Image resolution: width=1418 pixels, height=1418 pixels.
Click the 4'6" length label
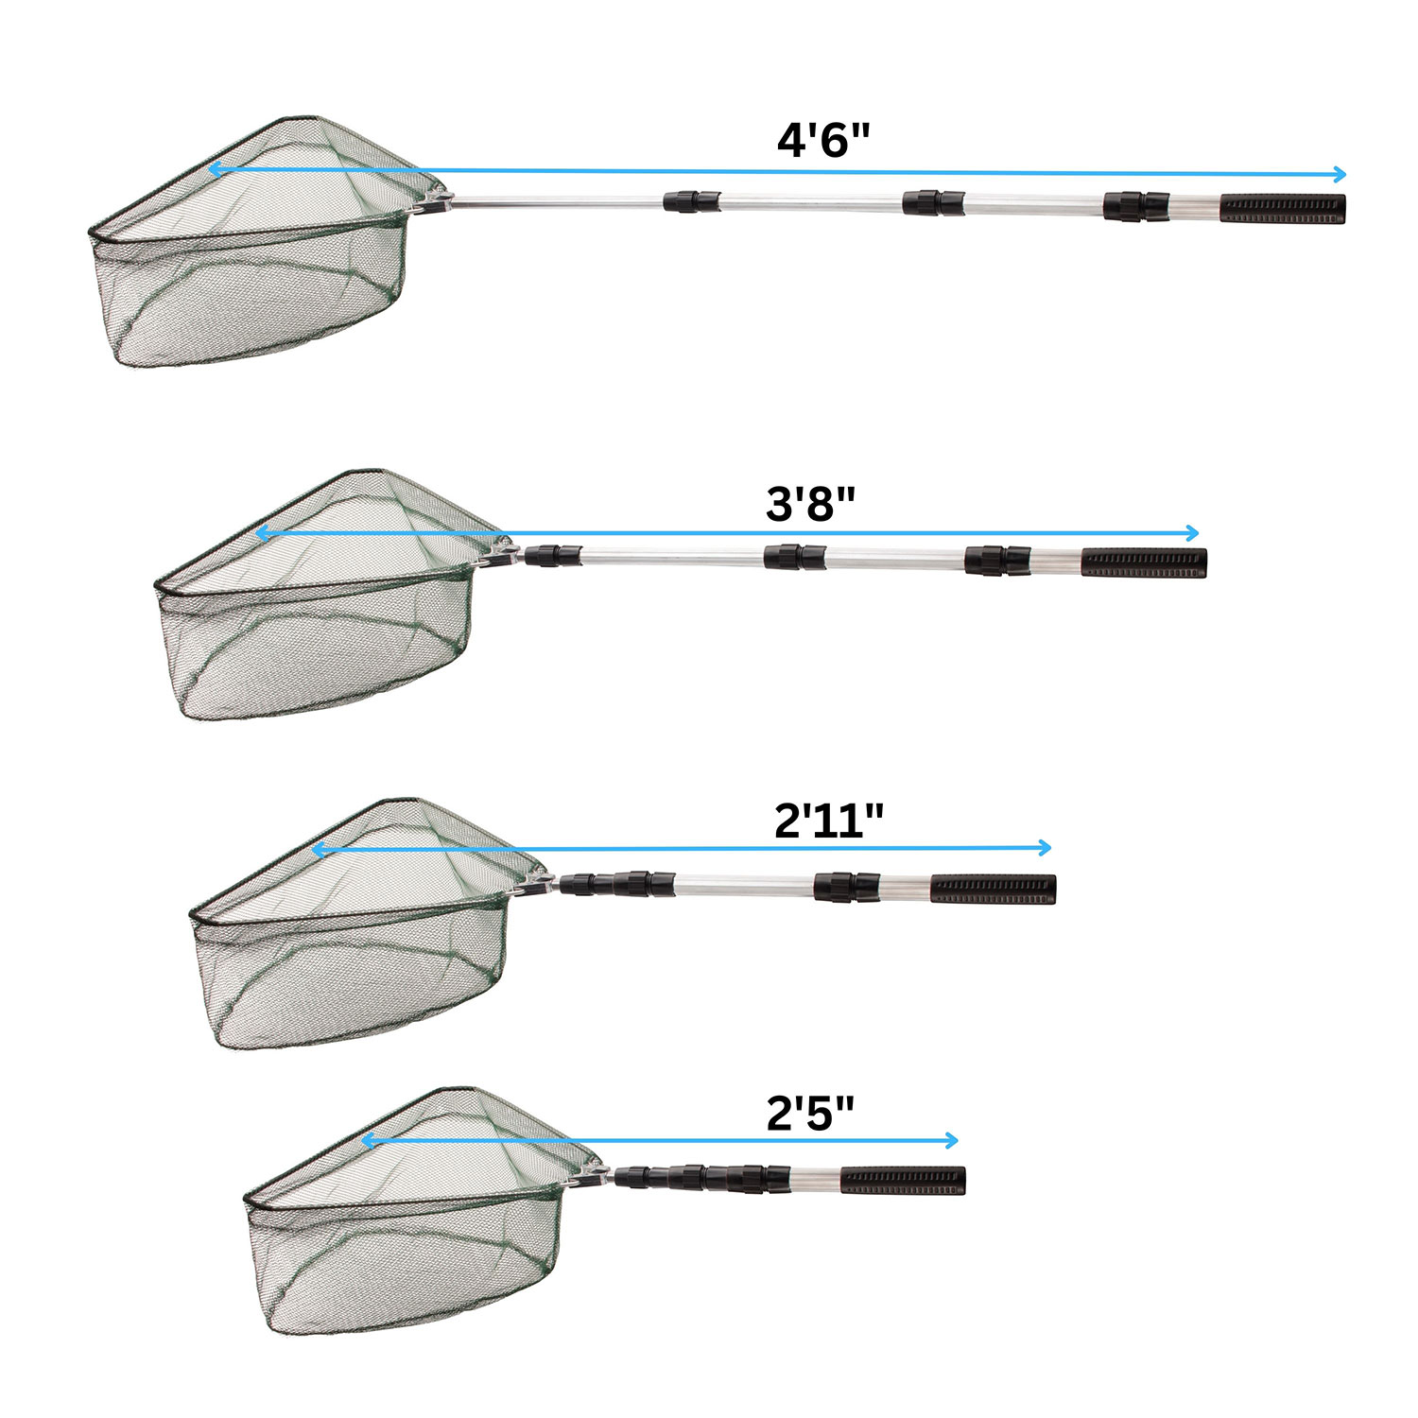822,141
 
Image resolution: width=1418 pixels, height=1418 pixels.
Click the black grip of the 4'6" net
1283,209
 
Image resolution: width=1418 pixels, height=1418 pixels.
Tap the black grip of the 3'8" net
1144,563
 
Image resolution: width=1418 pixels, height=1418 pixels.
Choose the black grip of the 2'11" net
994,890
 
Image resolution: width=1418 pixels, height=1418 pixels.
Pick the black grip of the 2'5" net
903,1181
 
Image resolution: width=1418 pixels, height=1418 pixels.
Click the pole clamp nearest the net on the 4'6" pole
692,201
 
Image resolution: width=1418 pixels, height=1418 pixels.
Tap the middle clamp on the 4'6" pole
933,202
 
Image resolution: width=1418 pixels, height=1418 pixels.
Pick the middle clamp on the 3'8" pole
795,557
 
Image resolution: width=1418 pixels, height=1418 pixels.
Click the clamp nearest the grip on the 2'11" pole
847,887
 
